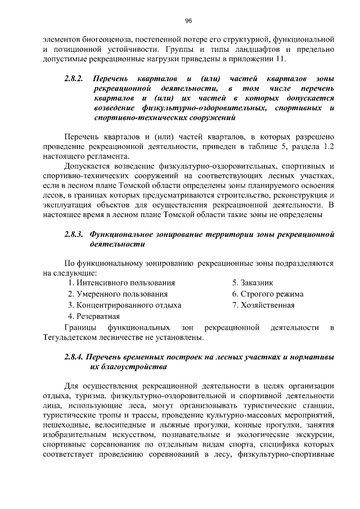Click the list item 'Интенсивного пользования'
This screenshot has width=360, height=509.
tap(121, 282)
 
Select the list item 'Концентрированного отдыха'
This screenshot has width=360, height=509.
tap(124, 305)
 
